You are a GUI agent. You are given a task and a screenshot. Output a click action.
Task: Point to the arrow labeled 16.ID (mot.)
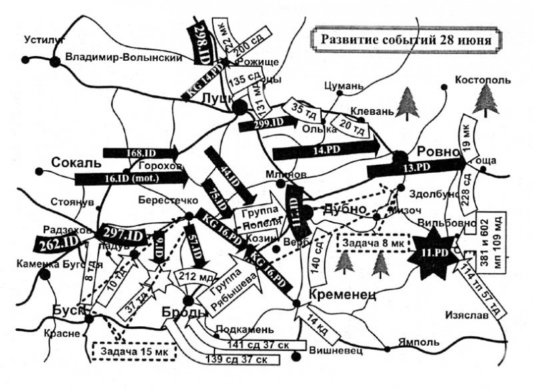coord(130,178)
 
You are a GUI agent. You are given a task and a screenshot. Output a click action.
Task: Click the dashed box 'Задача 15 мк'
coord(132,351)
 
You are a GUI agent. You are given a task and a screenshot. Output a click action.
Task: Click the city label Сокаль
coord(76,163)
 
